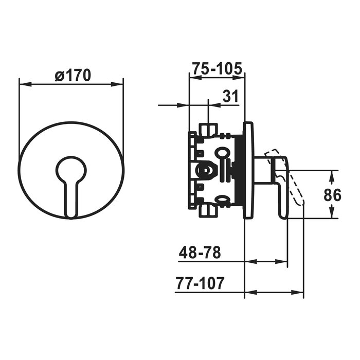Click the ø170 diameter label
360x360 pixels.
pos(73,75)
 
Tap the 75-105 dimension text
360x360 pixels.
pos(217,68)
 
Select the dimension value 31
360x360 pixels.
pos(231,96)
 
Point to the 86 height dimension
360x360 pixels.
pos(332,195)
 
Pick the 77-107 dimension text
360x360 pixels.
pos(200,283)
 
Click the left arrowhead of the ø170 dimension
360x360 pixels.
pos(25,84)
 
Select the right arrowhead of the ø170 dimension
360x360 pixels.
pos(117,84)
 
